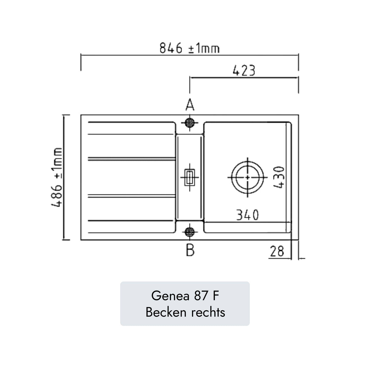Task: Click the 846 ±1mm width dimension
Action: pos(189,48)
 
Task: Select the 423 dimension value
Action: pos(244,71)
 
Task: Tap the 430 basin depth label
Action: pos(279,177)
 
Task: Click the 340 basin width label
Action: pos(247,215)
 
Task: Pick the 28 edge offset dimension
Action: pos(277,251)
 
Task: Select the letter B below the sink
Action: pos(190,251)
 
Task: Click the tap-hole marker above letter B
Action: pos(190,232)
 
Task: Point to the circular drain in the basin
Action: pos(247,177)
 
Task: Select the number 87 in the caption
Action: pos(200,296)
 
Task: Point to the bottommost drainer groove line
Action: pos(131,220)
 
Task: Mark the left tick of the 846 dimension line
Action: pos(81,62)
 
